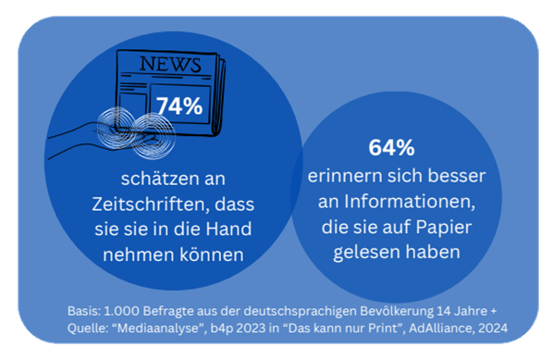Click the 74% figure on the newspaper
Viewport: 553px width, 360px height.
[179, 106]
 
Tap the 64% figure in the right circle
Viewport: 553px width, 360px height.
[391, 147]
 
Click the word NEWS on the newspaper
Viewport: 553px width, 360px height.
[170, 64]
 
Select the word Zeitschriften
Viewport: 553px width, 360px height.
[149, 204]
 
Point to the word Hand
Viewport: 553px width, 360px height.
[228, 229]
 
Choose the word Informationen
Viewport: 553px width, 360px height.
[410, 202]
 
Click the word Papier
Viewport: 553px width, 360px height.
[444, 227]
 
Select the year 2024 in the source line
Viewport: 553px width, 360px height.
[493, 329]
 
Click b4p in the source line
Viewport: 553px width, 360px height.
[222, 329]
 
